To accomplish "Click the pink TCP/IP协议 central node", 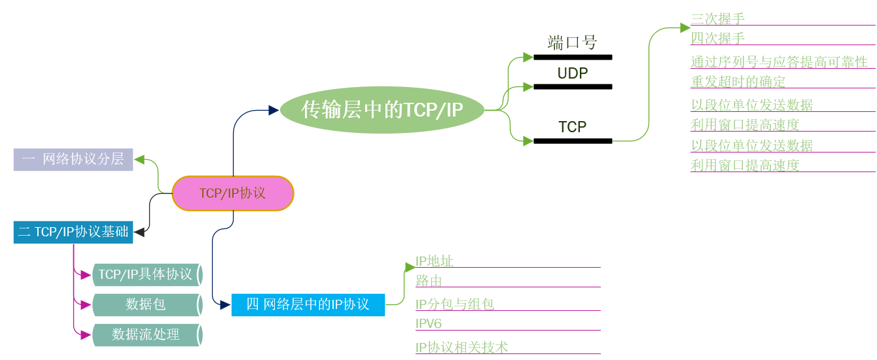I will click(233, 193).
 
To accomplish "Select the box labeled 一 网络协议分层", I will click(73, 159).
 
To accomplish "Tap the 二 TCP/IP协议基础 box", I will click(73, 232).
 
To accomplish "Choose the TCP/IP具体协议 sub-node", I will click(145, 274).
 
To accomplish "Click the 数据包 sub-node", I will click(145, 304).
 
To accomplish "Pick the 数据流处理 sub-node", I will click(145, 334).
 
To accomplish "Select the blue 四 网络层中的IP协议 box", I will click(308, 304).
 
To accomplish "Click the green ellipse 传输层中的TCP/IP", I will click(382, 110).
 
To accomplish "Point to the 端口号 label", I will click(573, 43).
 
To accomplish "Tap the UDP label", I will click(573, 73).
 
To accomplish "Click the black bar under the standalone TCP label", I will click(573, 141).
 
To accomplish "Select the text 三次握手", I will click(718, 18).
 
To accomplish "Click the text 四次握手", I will click(718, 38).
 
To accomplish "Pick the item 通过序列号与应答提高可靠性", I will click(779, 62).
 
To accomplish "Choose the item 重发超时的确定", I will click(738, 82).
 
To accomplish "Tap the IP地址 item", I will click(434, 261).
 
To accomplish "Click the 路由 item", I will click(429, 281).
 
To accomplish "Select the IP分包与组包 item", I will click(454, 304).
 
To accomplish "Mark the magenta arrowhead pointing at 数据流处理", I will click(86, 334).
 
